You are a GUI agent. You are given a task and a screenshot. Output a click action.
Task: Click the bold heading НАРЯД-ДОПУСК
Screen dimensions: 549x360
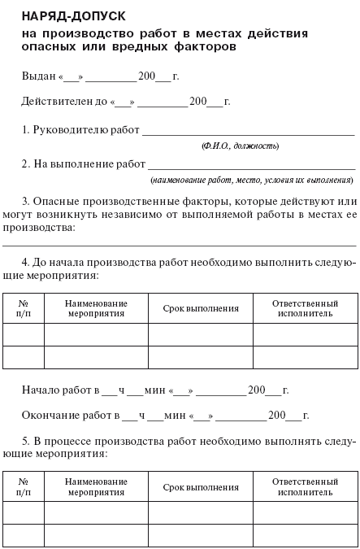tap(68, 15)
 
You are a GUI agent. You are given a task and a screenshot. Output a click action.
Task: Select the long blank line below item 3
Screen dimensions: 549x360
tap(179, 244)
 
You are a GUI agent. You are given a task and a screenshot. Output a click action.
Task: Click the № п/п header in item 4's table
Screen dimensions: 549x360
tap(24, 307)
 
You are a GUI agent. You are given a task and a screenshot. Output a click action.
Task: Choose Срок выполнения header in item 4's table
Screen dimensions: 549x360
tap(201, 308)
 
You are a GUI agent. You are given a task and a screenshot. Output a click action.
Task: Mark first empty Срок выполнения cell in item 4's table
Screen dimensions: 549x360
tap(201, 335)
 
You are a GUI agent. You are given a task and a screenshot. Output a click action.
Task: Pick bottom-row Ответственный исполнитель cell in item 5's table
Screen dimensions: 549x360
tap(305, 535)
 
